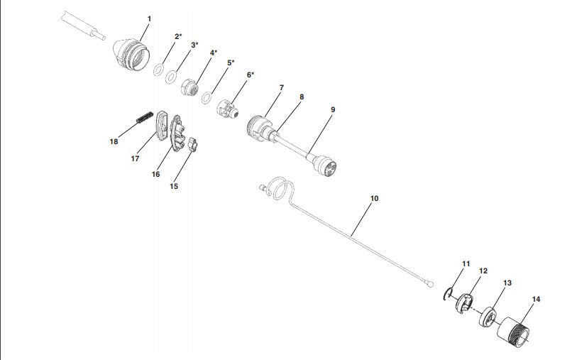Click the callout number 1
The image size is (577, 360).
(x=149, y=18)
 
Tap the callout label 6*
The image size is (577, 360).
(x=251, y=75)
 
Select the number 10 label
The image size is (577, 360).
(x=374, y=198)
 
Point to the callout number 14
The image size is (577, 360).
(x=536, y=299)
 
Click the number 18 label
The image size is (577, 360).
(x=114, y=141)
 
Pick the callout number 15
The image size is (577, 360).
(x=174, y=186)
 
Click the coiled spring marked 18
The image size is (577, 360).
(x=145, y=116)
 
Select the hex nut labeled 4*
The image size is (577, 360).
(x=190, y=88)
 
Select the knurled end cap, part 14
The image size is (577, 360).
(x=513, y=332)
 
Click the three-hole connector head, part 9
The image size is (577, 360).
(x=324, y=165)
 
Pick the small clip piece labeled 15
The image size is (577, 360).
(x=193, y=144)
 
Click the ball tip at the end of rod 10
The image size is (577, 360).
(x=431, y=284)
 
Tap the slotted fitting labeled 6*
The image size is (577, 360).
(x=227, y=109)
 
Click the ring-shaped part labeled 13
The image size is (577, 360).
(x=488, y=316)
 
